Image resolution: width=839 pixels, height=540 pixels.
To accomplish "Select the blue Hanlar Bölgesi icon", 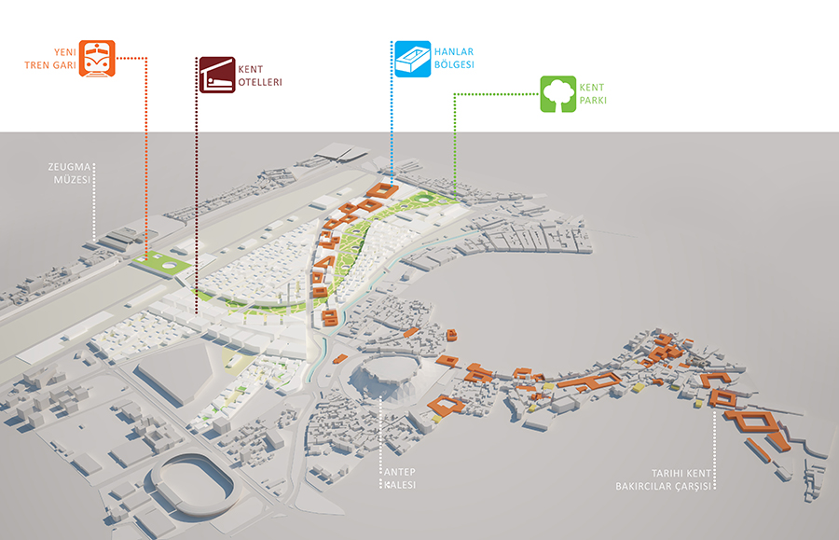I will (x=411, y=58).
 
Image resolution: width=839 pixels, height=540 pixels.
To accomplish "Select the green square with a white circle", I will (x=165, y=264).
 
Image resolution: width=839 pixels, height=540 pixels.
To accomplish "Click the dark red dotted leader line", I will (x=198, y=205).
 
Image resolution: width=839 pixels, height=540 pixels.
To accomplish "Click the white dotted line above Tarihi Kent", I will (x=715, y=438).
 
